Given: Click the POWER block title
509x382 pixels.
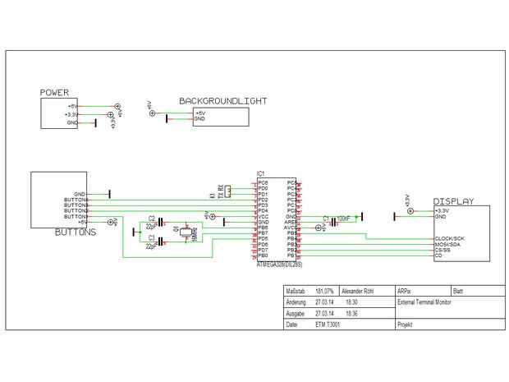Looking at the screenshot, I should [54, 93].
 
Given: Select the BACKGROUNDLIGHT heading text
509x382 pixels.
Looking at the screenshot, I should [223, 101].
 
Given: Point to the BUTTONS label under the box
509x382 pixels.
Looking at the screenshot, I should [76, 232].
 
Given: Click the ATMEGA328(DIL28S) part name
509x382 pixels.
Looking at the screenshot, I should [279, 265].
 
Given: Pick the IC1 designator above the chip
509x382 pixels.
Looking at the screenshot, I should [260, 174].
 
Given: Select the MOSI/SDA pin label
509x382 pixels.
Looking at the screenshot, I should [448, 244].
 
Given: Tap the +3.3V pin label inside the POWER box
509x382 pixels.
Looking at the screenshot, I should [71, 115].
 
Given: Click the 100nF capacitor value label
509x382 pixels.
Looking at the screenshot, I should [343, 218].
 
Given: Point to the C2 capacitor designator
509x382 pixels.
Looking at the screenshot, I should [152, 217].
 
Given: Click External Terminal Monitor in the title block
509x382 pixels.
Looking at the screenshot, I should [424, 302].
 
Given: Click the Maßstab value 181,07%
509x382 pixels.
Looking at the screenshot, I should [324, 292].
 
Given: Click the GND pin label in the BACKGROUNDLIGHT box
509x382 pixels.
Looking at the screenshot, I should [199, 119].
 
